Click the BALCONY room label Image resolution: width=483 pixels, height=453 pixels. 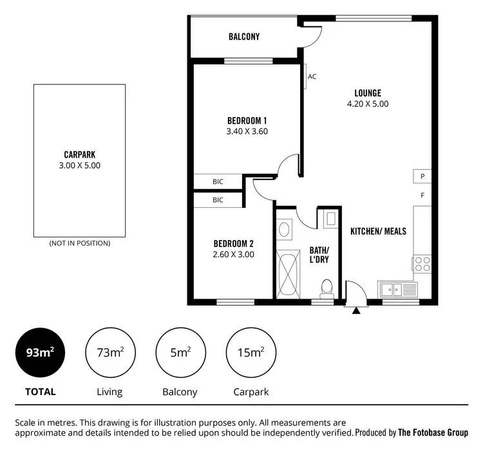point(244,37)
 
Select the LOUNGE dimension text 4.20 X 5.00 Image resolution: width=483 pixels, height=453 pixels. point(368,104)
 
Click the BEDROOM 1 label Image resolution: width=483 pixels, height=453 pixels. point(247,120)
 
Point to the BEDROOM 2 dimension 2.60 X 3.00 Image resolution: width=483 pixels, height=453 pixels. point(233,254)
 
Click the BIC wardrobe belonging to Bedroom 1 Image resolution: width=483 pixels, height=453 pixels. point(218,182)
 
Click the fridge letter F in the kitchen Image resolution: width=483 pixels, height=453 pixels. point(422,195)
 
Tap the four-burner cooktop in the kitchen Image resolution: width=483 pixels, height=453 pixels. point(422,264)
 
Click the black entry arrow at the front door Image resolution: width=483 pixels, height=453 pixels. point(356,311)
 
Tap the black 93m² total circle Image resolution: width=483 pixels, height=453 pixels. point(40,353)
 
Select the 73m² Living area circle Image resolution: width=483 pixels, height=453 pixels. point(109,353)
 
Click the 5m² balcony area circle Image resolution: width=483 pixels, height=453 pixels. point(180,353)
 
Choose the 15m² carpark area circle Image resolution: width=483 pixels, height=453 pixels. point(251,353)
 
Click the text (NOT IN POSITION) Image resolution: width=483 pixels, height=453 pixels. point(79,243)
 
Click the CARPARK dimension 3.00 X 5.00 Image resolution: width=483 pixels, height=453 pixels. point(79,165)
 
